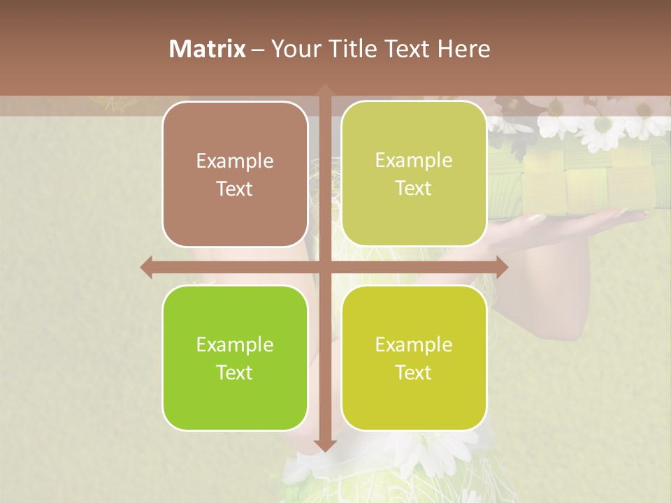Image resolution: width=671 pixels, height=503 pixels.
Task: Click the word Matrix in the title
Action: pos(208,49)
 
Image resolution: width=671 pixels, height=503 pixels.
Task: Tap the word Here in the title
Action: pos(463,49)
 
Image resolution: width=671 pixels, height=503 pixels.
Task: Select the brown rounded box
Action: pos(235,174)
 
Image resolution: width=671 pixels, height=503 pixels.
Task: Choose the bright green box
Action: pos(235,358)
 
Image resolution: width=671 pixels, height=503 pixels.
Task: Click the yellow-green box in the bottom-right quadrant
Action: pos(414,358)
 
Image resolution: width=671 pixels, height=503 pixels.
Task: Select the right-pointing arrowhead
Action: pos(501,267)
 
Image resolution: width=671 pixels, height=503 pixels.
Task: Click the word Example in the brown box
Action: pos(235,161)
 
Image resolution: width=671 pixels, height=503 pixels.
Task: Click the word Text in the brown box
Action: pos(235,189)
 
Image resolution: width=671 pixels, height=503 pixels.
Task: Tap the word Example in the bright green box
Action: pos(235,345)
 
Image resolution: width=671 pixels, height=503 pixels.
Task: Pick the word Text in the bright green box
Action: pos(235,373)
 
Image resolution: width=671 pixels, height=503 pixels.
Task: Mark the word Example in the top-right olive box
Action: pos(414,161)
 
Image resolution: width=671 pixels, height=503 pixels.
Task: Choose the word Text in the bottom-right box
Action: pos(414,373)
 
